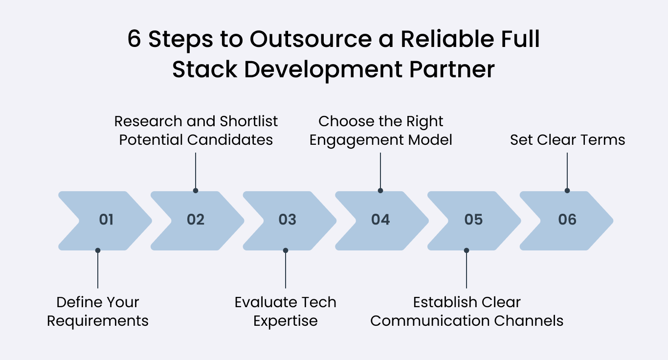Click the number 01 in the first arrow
[106, 220]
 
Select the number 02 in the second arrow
[196, 220]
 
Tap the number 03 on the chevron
[288, 220]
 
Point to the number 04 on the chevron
[380, 220]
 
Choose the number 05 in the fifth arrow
[473, 220]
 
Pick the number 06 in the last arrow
[567, 220]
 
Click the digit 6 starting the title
[134, 40]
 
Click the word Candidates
[230, 140]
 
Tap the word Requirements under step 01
[98, 321]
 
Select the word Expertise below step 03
[286, 321]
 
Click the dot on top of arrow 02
[196, 190]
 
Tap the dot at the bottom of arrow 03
[286, 250]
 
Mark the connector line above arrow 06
[567, 171]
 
